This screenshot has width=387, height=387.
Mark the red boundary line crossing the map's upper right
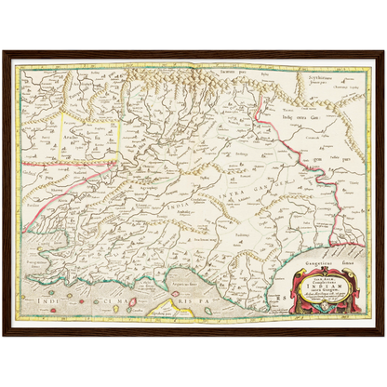pyautogui.click(x=279, y=140)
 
